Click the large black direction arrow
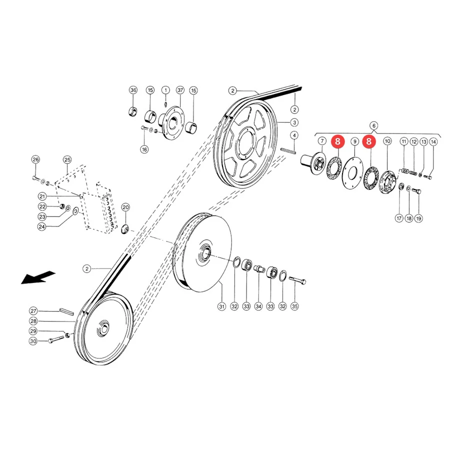click(x=37, y=277)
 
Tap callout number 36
click(x=133, y=90)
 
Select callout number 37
click(x=180, y=90)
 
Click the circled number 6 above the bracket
click(x=373, y=125)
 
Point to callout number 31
click(x=222, y=306)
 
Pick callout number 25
click(x=67, y=159)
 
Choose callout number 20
click(x=125, y=207)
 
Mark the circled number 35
click(x=294, y=306)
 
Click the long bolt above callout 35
click(x=297, y=280)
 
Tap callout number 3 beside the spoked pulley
click(x=294, y=122)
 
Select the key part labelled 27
click(x=66, y=311)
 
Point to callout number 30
click(x=33, y=341)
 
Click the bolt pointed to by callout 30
click(x=56, y=339)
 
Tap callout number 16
click(x=144, y=149)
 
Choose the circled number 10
click(x=387, y=141)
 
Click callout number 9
click(x=355, y=141)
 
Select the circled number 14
click(x=433, y=142)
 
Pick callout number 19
click(x=418, y=218)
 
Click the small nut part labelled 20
click(x=125, y=229)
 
